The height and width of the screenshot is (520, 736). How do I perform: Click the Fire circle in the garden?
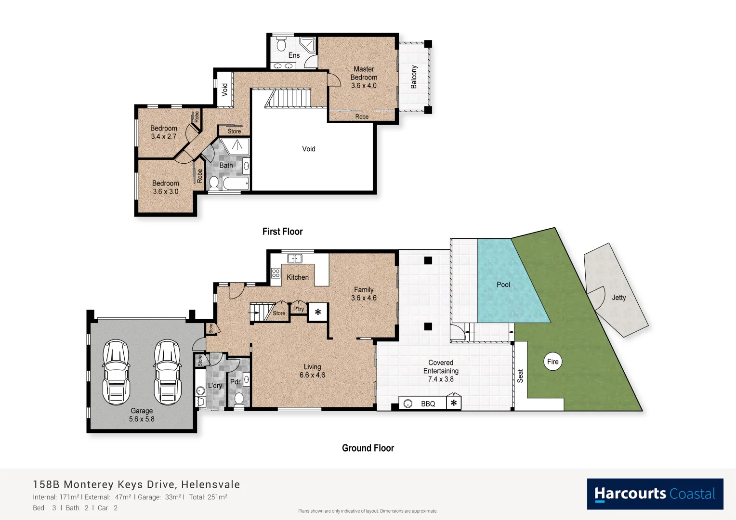point(552,362)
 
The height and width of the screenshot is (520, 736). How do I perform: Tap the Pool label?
point(503,285)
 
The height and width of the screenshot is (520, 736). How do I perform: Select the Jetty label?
point(618,298)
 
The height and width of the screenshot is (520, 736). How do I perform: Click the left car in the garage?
point(116,371)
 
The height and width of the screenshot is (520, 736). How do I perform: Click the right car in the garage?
point(167,371)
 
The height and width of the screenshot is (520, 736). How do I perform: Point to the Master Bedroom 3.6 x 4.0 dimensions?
point(364,86)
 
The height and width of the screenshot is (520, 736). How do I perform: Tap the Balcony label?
point(413,77)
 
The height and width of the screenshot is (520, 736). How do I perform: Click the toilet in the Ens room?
point(281,45)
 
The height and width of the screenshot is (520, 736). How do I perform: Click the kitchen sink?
point(294,259)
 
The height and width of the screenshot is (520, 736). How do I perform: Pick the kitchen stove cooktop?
point(276,273)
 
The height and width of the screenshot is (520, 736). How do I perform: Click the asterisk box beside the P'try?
point(318,312)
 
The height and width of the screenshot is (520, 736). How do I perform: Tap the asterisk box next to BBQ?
point(453,403)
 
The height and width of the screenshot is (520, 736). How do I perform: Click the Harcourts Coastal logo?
point(655,494)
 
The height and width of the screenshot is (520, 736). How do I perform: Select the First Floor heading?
point(282,232)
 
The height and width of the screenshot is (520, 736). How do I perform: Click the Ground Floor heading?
point(368,448)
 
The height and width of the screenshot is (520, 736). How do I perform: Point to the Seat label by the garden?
point(520,376)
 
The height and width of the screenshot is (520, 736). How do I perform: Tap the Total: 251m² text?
point(208,497)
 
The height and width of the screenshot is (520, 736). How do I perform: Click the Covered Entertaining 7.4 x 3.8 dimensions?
point(440,379)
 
